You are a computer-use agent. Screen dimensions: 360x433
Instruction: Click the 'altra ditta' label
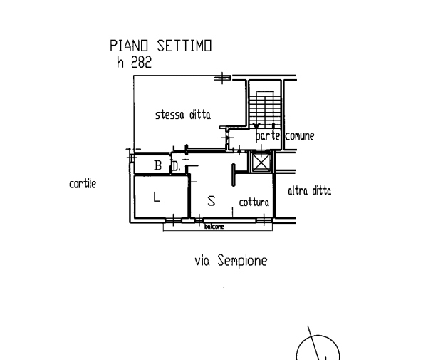tap(309, 191)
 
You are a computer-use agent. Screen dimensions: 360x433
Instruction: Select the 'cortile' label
tap(83, 184)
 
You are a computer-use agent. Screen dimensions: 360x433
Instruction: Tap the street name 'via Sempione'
tap(231, 262)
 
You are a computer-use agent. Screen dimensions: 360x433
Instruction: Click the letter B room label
tap(158, 167)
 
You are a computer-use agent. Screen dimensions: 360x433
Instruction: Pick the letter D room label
tap(175, 168)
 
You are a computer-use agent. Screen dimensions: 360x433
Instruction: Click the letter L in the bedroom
tap(157, 197)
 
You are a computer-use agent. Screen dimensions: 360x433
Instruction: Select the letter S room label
tap(211, 200)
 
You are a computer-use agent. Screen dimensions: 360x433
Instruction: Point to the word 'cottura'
tap(254, 204)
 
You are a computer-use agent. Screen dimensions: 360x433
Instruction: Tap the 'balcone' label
tap(214, 227)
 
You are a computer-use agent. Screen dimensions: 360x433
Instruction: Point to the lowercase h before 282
tap(121, 62)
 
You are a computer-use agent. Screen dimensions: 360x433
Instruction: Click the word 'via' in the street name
tap(202, 262)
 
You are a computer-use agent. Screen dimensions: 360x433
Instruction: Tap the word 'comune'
tap(296, 135)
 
